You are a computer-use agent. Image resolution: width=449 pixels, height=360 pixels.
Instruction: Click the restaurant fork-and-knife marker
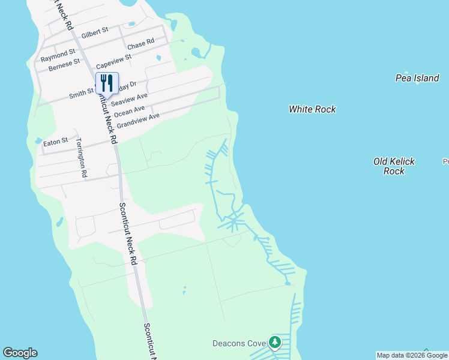click(x=107, y=83)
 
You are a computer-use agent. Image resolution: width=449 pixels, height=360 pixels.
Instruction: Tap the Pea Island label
click(x=417, y=78)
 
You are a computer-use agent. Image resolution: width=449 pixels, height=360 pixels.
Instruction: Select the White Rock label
click(x=312, y=109)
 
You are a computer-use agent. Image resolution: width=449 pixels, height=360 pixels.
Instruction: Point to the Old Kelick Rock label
click(x=394, y=166)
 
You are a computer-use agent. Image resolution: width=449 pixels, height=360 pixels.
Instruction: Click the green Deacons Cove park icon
click(x=275, y=343)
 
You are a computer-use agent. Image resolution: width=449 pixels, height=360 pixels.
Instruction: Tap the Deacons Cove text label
click(x=239, y=344)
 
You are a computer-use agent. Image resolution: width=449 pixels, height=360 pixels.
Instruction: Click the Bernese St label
click(x=64, y=63)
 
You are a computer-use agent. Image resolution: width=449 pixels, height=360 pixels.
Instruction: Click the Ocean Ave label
click(x=129, y=112)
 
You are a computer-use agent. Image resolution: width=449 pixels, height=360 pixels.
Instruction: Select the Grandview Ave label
click(x=138, y=121)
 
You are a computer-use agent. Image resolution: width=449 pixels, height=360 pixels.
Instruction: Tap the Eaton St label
click(x=56, y=142)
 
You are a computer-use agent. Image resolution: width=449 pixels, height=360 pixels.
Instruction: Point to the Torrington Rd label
click(x=80, y=158)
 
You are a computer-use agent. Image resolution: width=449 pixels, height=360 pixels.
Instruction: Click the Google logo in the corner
click(x=20, y=353)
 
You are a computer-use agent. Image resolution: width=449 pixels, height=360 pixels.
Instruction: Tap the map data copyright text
click(x=412, y=355)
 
